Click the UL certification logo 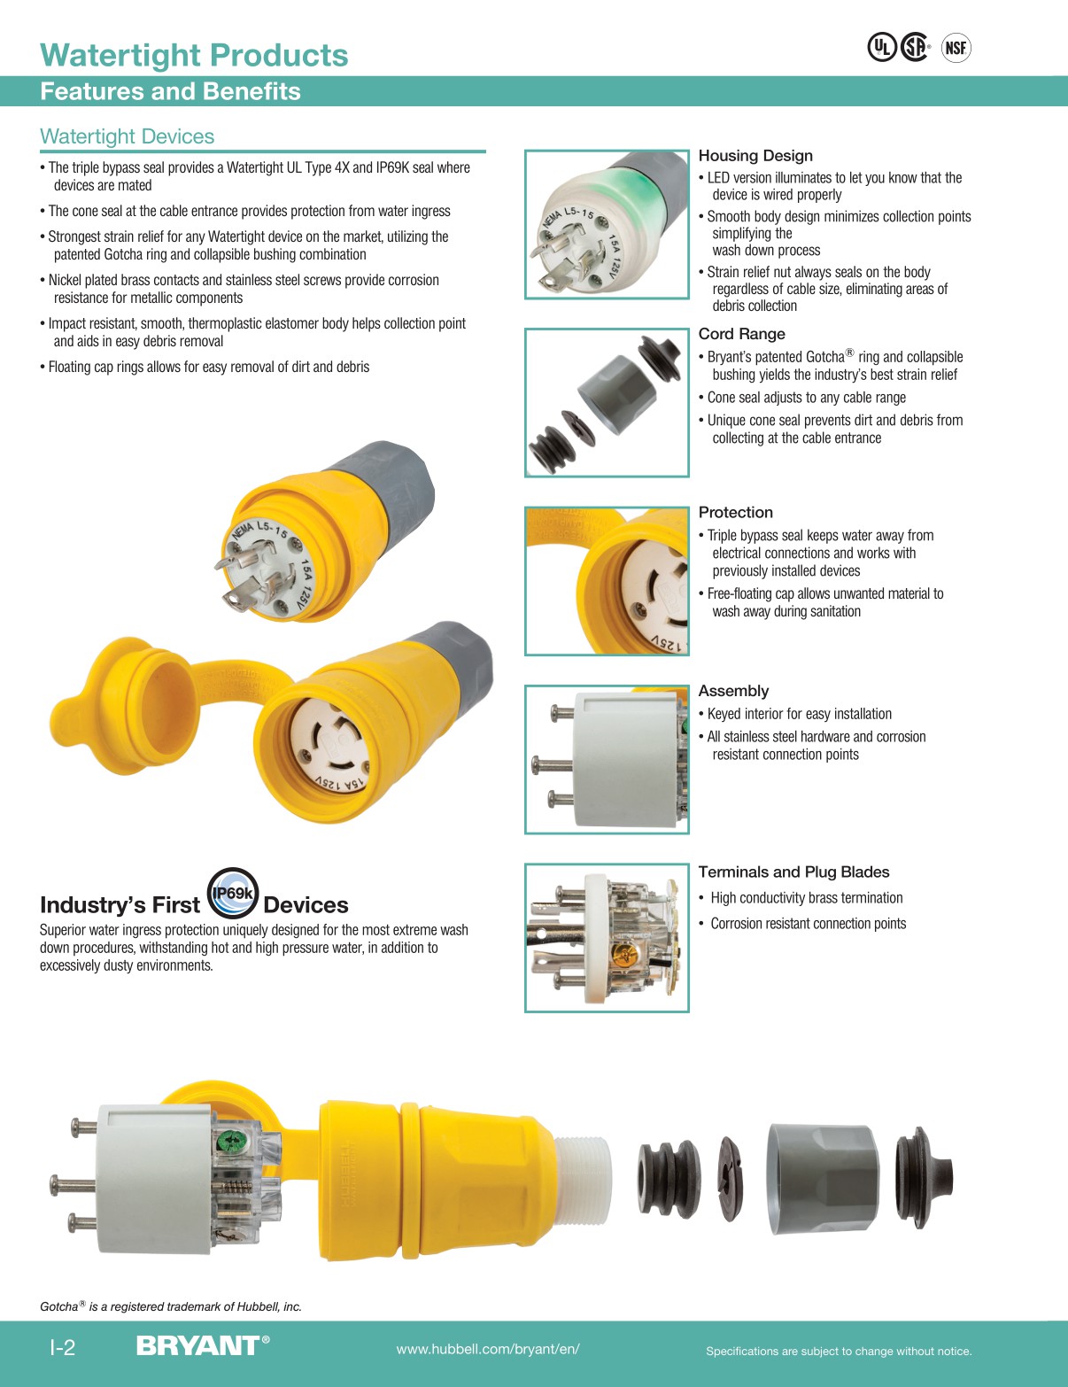881,47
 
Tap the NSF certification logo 956,48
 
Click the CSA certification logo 915,47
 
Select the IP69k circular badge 233,894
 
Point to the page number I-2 62,1348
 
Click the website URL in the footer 488,1349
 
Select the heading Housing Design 755,156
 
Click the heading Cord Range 741,334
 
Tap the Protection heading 735,512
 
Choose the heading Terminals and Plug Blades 793,872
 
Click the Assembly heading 733,691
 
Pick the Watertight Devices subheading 128,136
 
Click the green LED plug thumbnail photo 607,224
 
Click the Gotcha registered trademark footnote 171,1306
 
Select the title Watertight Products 195,55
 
